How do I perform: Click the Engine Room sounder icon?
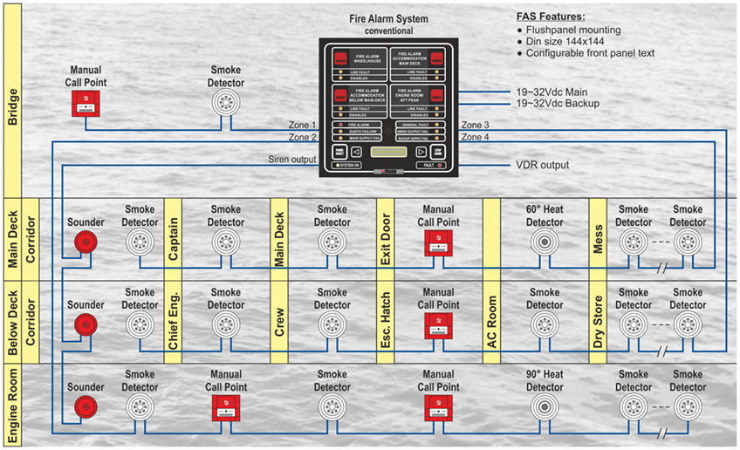coord(85,407)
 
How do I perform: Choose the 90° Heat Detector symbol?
coord(545,407)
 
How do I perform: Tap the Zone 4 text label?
coord(475,138)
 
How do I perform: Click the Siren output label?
coord(291,159)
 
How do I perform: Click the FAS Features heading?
coord(552,17)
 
